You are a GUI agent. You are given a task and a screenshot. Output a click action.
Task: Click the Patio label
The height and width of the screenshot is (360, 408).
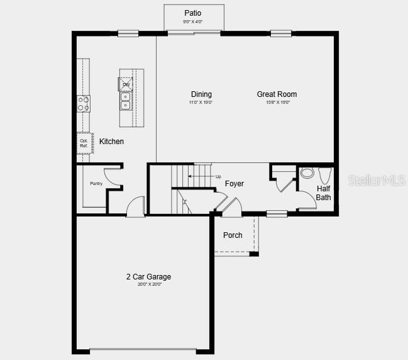[193, 13]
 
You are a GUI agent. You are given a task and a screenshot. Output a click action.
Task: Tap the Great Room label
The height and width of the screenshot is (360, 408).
[277, 94]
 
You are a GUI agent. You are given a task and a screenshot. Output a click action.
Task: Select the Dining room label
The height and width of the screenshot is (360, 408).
[201, 94]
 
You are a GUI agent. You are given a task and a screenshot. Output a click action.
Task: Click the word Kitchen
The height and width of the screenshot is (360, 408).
[112, 142]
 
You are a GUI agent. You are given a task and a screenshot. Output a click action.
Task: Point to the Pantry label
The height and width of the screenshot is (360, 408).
[96, 183]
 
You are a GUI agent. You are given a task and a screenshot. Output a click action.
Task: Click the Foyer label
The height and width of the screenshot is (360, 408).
[234, 184]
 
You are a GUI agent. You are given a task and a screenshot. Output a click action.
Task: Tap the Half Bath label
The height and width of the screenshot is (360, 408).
[323, 193]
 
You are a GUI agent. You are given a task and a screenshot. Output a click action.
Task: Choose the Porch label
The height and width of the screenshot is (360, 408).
[233, 235]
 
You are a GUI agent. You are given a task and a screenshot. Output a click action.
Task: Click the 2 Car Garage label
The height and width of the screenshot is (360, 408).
[148, 277]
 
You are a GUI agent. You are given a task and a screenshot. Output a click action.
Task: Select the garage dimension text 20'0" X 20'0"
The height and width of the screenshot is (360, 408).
[150, 284]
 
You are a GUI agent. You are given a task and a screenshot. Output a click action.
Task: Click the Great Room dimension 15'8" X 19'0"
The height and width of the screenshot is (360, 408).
[277, 102]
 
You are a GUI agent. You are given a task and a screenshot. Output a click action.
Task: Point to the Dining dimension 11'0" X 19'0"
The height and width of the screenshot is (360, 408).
[201, 102]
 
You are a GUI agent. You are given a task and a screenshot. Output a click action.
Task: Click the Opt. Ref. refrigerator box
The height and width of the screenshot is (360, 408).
[84, 143]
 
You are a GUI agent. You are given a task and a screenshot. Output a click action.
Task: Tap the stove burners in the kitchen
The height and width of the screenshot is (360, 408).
[84, 103]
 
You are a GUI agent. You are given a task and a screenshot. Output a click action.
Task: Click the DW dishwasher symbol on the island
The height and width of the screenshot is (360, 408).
[126, 84]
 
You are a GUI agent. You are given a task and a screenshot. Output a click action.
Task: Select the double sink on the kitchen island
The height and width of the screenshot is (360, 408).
[126, 101]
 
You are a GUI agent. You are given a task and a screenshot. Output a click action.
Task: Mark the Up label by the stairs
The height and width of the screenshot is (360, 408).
[218, 176]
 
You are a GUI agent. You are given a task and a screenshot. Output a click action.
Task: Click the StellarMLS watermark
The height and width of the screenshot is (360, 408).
[375, 181]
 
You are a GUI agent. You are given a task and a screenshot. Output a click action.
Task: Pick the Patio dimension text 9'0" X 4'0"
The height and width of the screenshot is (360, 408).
[194, 22]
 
